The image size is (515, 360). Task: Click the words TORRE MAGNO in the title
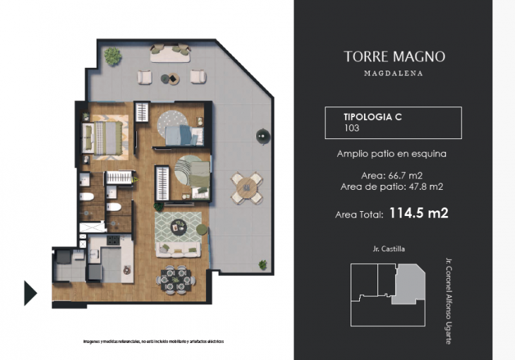[394, 57]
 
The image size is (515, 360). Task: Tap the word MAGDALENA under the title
[394, 73]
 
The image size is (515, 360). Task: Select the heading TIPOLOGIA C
[372, 116]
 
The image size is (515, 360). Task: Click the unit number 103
[352, 128]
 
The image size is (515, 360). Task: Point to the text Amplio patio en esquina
[392, 154]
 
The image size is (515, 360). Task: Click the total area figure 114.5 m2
[419, 212]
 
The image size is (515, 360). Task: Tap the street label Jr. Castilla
[389, 248]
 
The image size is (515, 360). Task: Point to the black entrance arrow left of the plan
[30, 292]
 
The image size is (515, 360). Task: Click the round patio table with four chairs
[247, 187]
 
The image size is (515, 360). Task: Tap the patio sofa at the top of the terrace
[169, 52]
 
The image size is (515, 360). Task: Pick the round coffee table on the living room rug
[178, 226]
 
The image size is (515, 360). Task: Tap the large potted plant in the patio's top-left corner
[111, 55]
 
